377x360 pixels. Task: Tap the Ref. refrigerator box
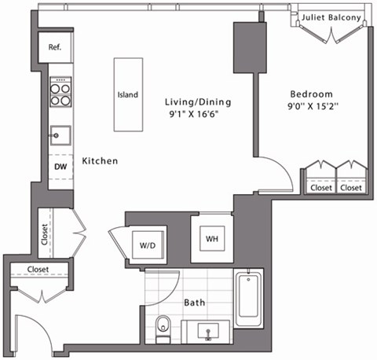(55, 48)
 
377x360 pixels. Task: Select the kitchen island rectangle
(128, 94)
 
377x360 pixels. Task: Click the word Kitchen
(100, 161)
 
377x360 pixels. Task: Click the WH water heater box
(211, 238)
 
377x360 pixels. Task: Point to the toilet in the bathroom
(163, 325)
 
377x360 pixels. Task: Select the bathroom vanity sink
(208, 331)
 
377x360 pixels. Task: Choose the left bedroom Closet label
(320, 188)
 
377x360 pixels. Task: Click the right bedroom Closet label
(351, 188)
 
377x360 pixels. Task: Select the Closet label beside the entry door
(38, 270)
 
